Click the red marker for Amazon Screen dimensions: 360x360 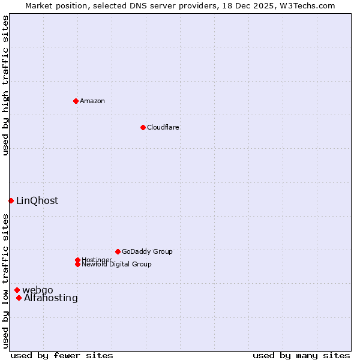[76, 101]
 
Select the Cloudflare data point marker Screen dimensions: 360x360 [143, 127]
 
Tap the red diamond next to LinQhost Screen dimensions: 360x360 [11, 200]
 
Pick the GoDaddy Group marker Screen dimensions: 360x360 [118, 251]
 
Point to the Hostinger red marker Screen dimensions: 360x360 [77, 260]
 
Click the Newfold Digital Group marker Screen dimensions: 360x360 [77, 264]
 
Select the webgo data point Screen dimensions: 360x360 [17, 290]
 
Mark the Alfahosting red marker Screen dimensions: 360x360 [19, 298]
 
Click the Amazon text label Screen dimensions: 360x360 [92, 101]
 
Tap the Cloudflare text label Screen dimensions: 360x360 [163, 127]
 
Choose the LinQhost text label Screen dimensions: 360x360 [37, 201]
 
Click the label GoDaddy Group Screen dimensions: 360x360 [147, 251]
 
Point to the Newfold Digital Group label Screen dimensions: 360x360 [116, 264]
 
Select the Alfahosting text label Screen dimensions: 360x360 [51, 298]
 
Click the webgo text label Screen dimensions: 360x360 [38, 290]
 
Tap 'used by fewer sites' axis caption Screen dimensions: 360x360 [62, 355]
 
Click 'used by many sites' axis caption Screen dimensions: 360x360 [301, 355]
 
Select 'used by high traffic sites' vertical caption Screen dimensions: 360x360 [5, 85]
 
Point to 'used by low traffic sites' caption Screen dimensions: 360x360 [5, 281]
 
